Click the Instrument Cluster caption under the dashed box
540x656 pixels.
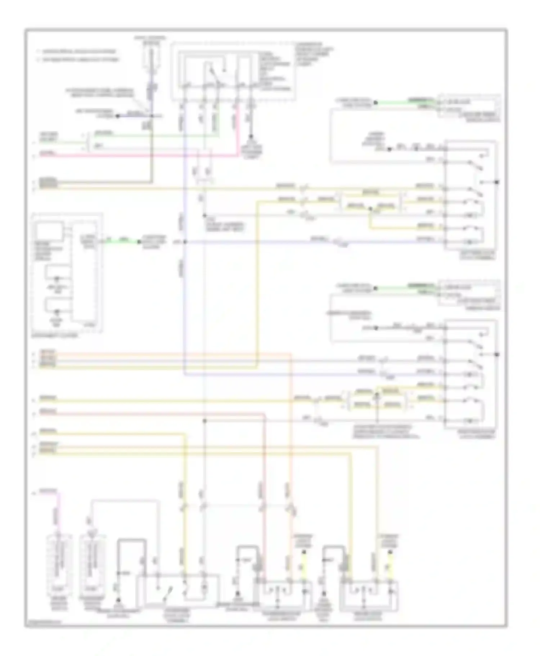[54, 335]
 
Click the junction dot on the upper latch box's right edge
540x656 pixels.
[497, 182]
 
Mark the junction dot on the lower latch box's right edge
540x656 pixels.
[497, 355]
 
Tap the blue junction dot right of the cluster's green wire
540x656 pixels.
[185, 242]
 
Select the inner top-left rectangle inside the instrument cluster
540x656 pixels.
[50, 230]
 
